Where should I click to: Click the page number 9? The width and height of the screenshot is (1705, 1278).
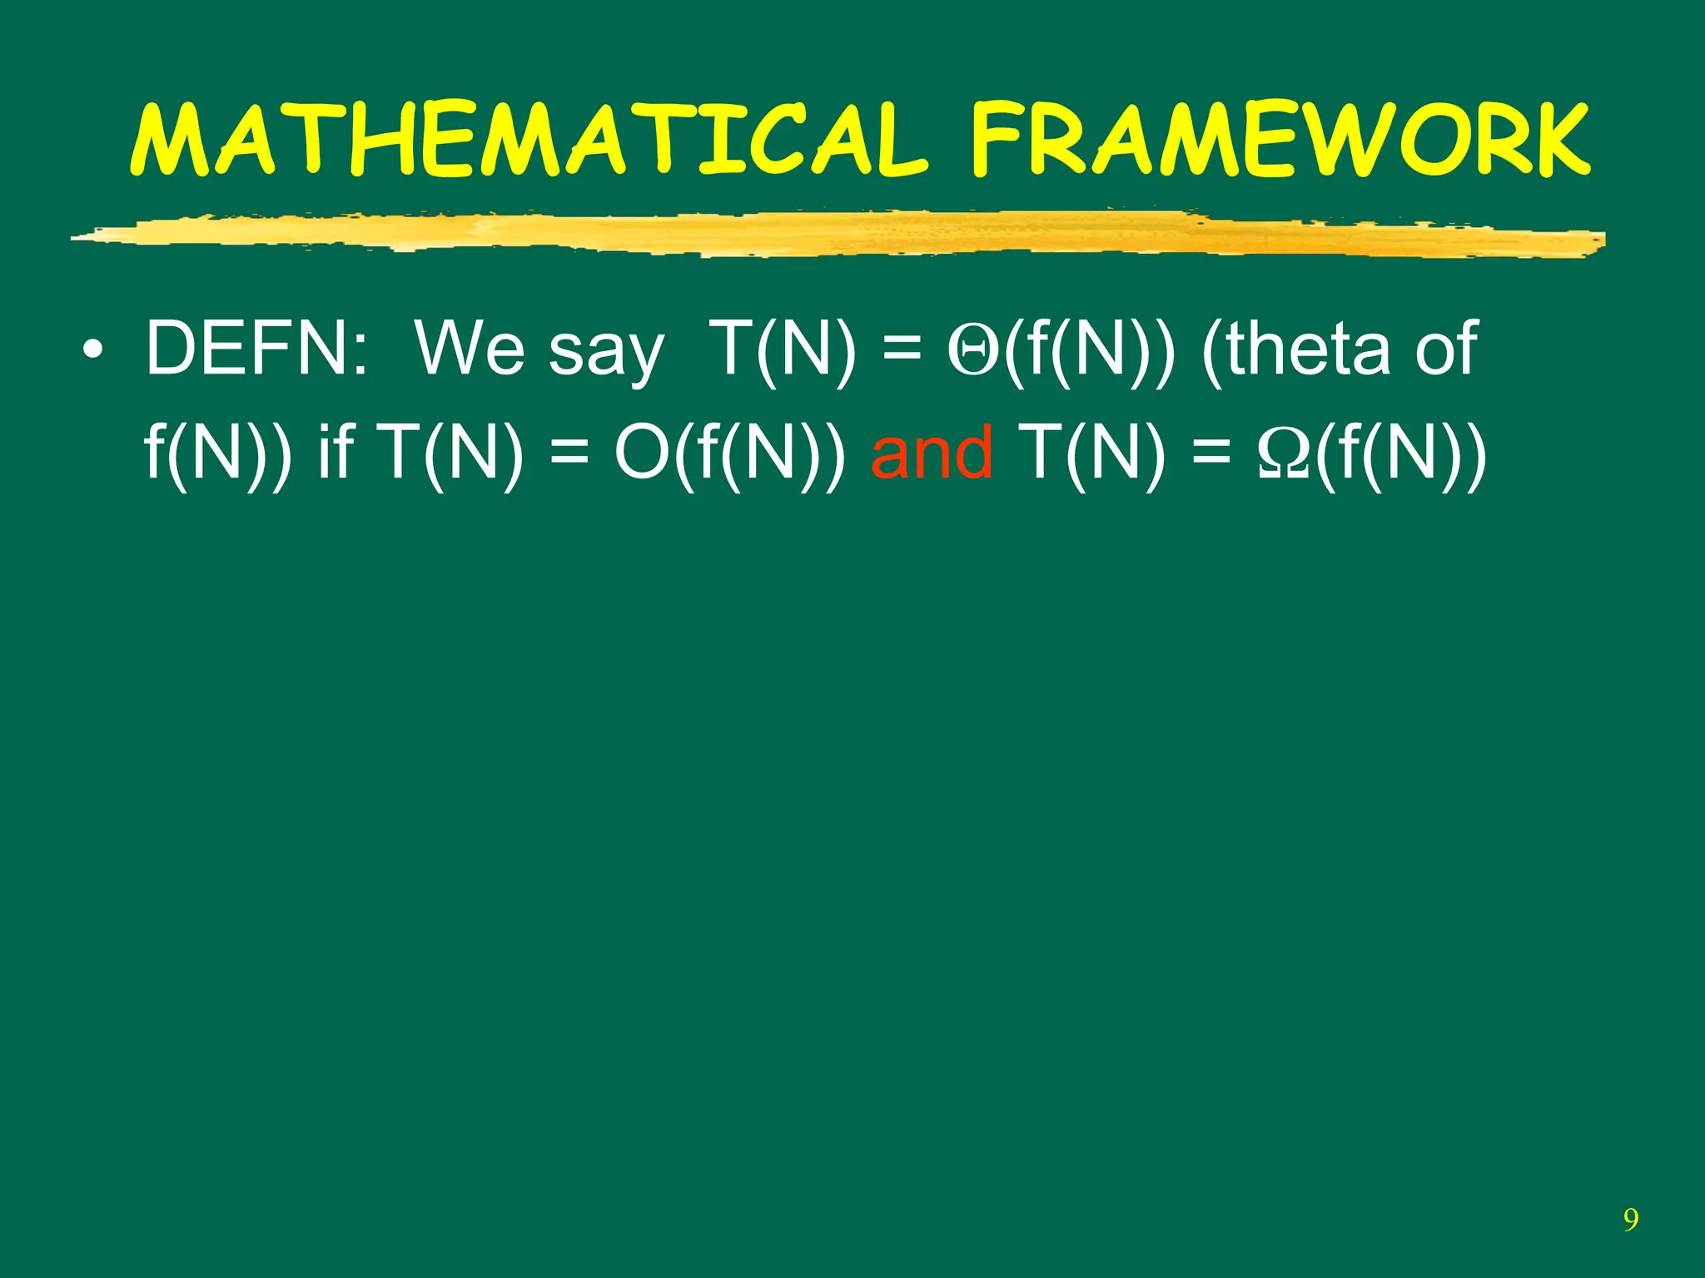pyautogui.click(x=1630, y=1220)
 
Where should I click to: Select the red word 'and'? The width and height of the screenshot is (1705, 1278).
pyautogui.click(x=932, y=453)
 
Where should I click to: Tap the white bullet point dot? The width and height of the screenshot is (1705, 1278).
pyautogui.click(x=93, y=349)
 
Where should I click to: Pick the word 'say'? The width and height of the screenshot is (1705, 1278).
pyautogui.click(x=606, y=354)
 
